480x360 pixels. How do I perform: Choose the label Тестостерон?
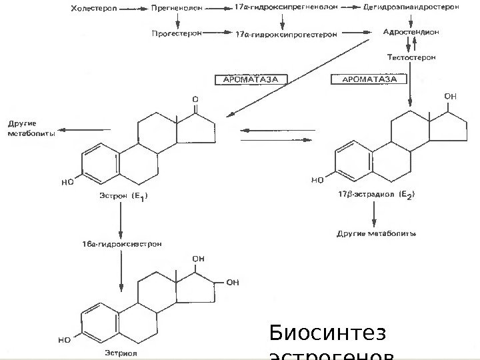[x=411, y=57]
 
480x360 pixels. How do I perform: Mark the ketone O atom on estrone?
[x=195, y=98]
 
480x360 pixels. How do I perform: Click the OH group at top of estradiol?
[x=451, y=97]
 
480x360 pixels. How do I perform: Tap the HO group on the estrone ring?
[x=67, y=181]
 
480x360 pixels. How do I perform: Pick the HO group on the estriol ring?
[x=65, y=339]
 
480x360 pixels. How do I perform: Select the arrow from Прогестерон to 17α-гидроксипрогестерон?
[x=216, y=32]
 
